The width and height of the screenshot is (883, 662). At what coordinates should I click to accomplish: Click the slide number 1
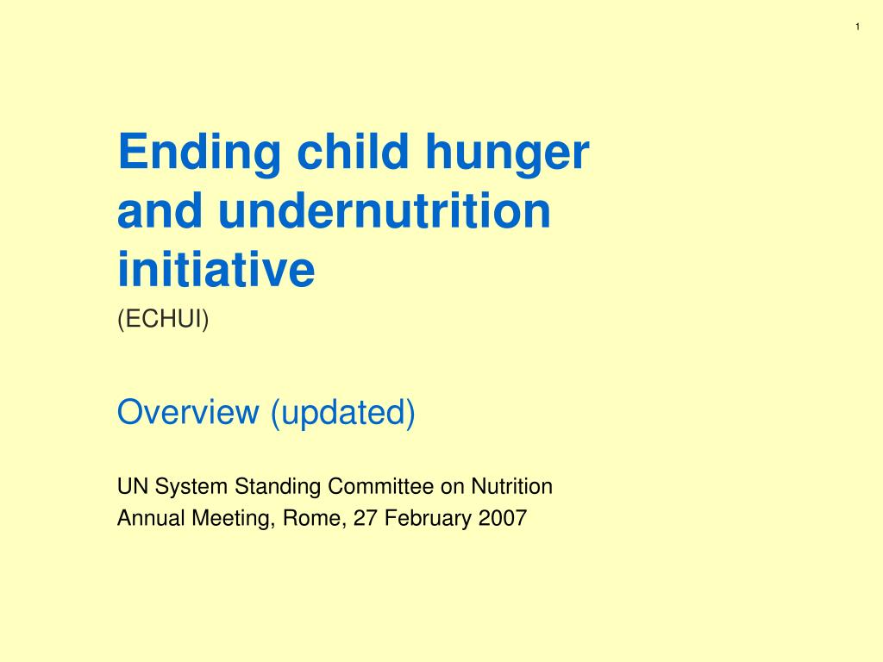pos(858,27)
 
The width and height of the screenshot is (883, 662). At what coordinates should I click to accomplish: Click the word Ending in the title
pos(199,153)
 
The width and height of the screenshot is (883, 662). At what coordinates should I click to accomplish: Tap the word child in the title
pos(353,151)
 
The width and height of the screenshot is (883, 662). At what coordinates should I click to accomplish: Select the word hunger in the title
pos(507,153)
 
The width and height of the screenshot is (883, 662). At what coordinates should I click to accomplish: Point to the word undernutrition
pos(384,211)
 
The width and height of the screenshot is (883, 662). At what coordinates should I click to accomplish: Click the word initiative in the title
pos(216,269)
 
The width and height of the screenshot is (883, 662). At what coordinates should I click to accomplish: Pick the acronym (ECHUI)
pos(163,319)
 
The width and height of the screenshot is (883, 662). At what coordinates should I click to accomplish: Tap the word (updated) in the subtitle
pos(343,413)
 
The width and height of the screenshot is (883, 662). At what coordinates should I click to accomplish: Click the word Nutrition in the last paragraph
pos(511,486)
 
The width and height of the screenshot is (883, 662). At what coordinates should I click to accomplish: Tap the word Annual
pos(151,518)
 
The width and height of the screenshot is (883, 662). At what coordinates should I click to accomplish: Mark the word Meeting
pos(234,519)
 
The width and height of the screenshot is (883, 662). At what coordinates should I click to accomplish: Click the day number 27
pos(365,518)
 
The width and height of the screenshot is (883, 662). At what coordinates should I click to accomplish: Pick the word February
pos(428,519)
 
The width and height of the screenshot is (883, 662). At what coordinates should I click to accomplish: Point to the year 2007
pos(503,518)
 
